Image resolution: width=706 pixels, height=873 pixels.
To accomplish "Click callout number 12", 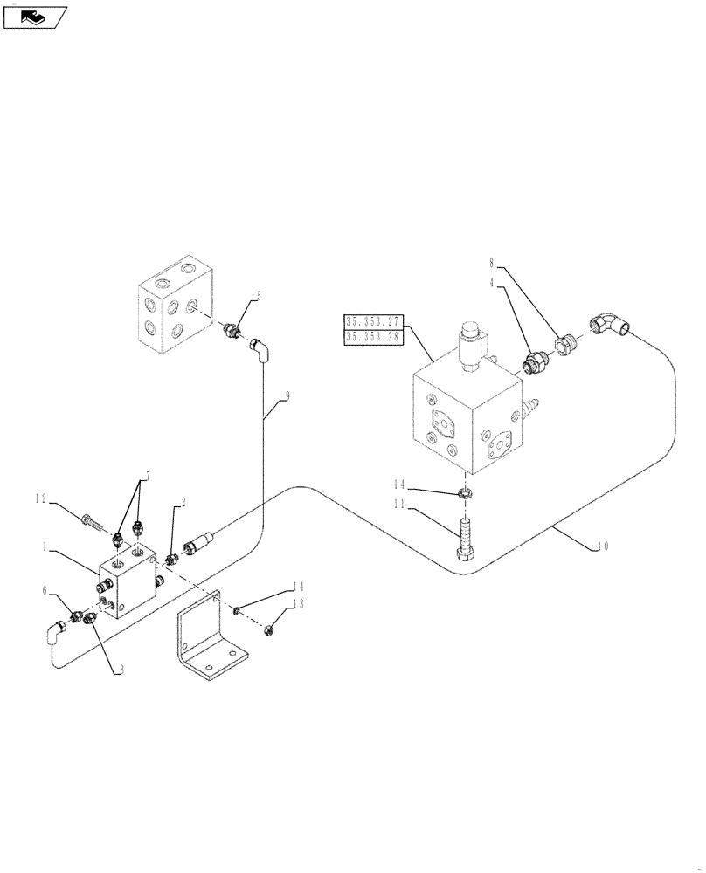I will [42, 498].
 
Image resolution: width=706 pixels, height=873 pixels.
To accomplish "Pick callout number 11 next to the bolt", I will [400, 505].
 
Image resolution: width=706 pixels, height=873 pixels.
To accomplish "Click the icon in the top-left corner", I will [34, 16].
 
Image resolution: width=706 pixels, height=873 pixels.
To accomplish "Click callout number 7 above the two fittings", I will [149, 475].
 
